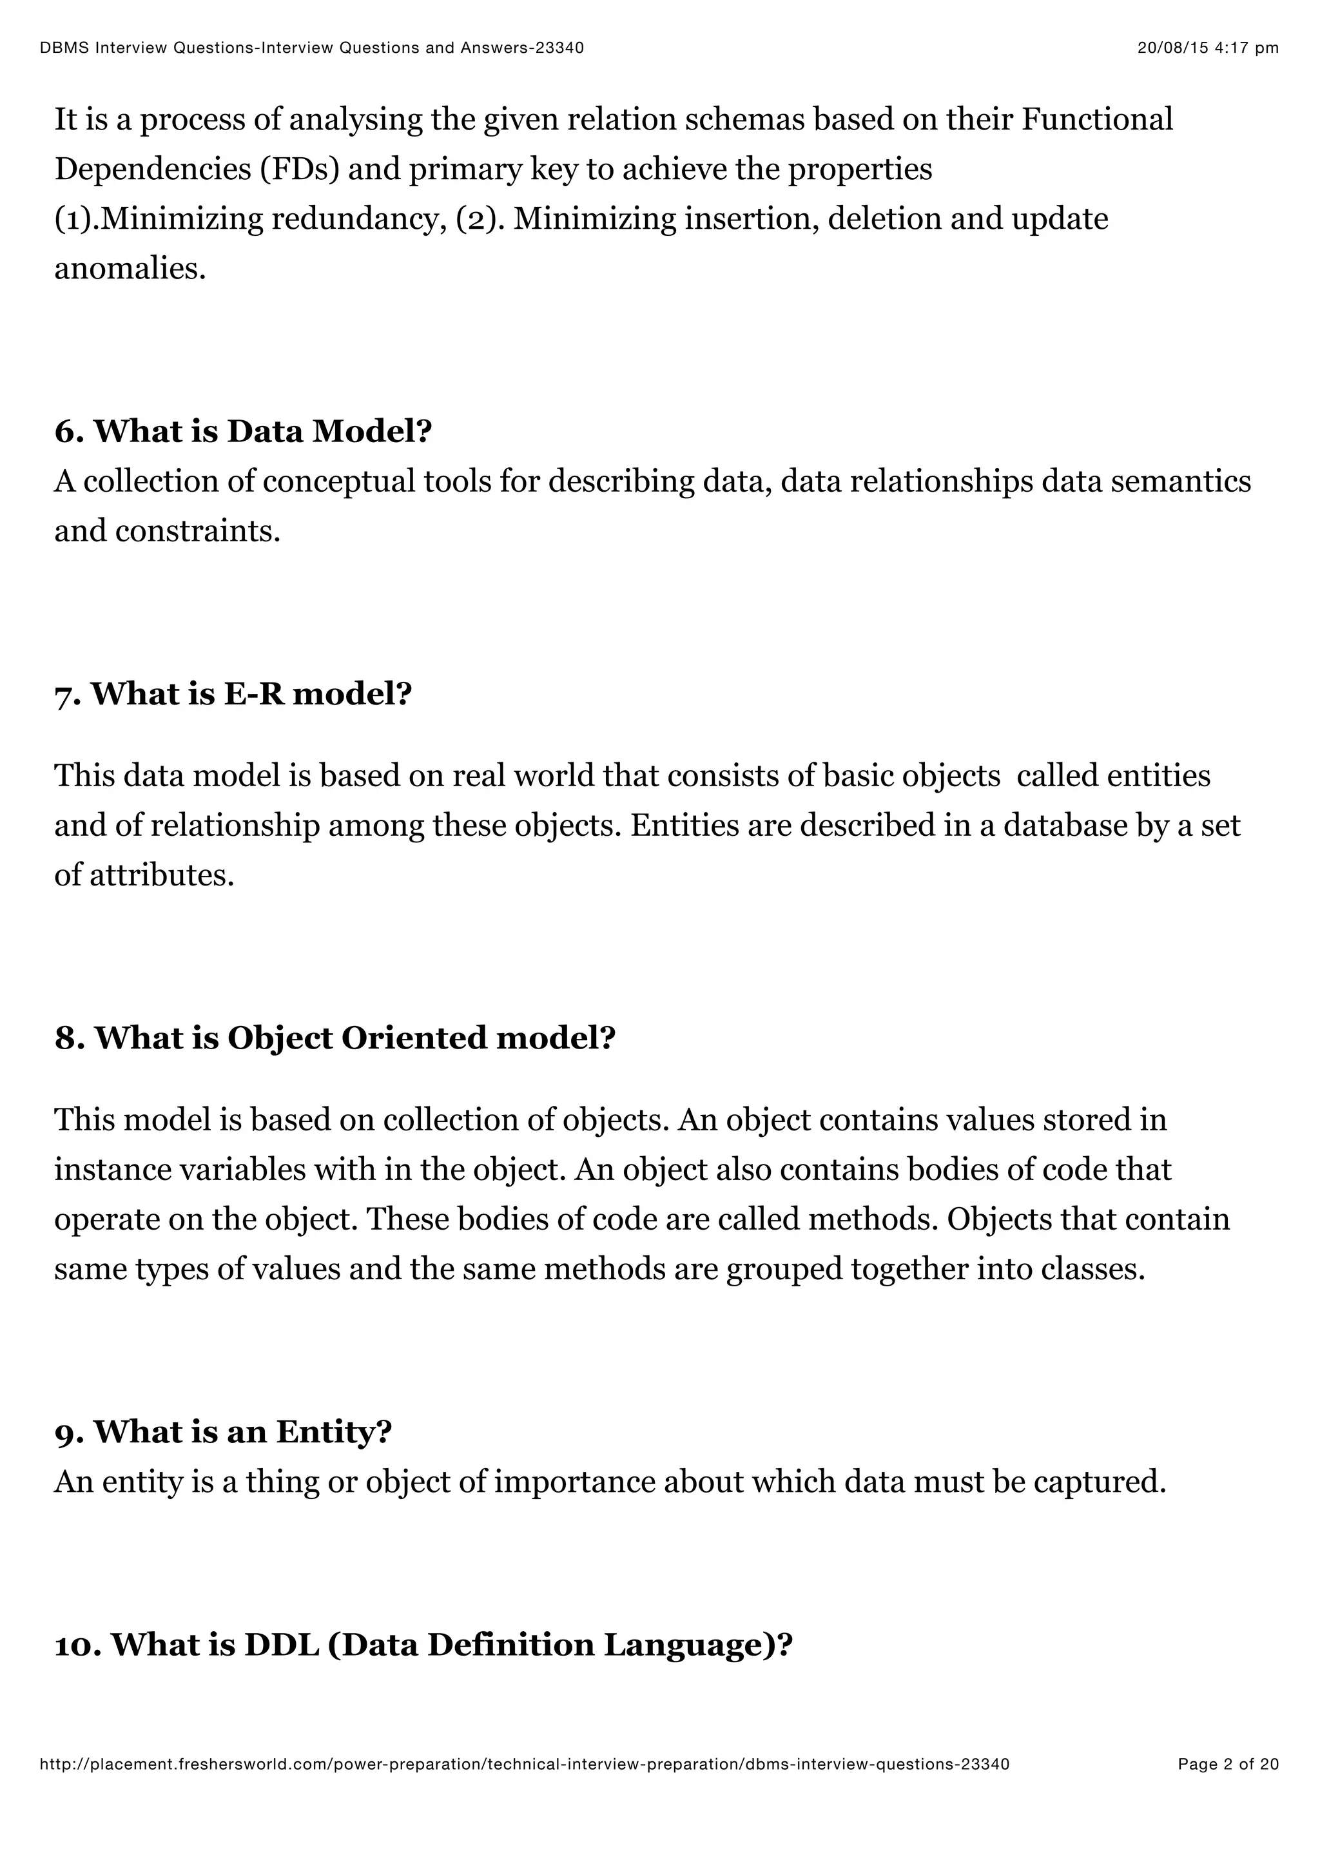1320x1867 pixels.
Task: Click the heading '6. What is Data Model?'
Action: [242, 431]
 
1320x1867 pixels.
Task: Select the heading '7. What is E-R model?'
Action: [233, 693]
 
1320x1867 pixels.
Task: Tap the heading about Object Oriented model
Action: [335, 1038]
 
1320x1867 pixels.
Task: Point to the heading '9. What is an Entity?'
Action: [223, 1431]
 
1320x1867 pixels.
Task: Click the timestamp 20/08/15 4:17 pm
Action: [1207, 48]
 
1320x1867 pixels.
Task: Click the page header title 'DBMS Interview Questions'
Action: [311, 48]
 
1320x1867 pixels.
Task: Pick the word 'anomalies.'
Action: [130, 268]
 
